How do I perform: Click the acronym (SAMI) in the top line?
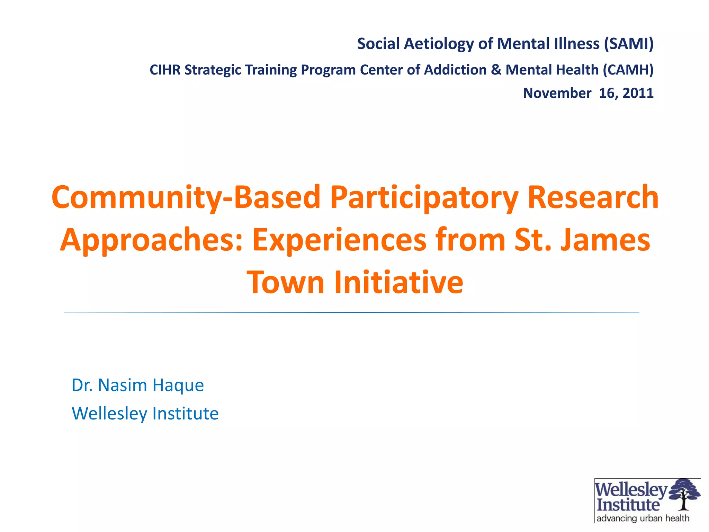click(x=628, y=44)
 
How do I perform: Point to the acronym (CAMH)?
click(x=628, y=70)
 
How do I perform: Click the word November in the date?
click(x=557, y=93)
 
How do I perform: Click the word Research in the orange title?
click(x=593, y=197)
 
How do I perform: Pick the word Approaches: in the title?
click(x=151, y=240)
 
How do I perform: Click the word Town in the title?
click(x=285, y=282)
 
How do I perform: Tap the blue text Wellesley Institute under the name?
click(x=145, y=414)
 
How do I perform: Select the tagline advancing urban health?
click(x=643, y=518)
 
